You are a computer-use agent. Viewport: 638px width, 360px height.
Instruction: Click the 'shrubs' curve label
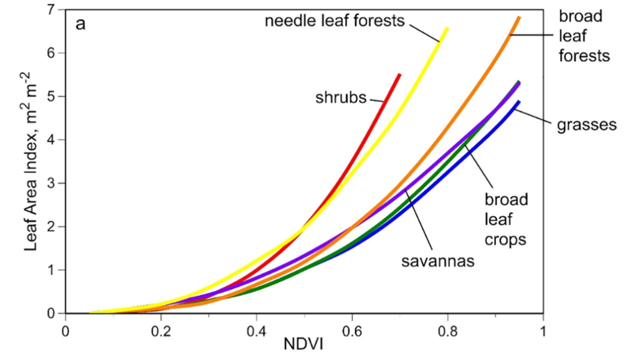(x=341, y=98)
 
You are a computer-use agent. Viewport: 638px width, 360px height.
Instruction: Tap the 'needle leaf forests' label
(x=335, y=21)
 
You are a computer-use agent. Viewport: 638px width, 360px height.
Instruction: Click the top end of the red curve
(x=399, y=74)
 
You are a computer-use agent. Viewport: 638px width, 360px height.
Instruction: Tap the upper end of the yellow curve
(x=447, y=28)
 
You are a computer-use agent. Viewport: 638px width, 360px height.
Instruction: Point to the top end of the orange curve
(x=518, y=17)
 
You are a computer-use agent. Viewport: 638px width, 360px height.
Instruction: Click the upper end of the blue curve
(x=518, y=102)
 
